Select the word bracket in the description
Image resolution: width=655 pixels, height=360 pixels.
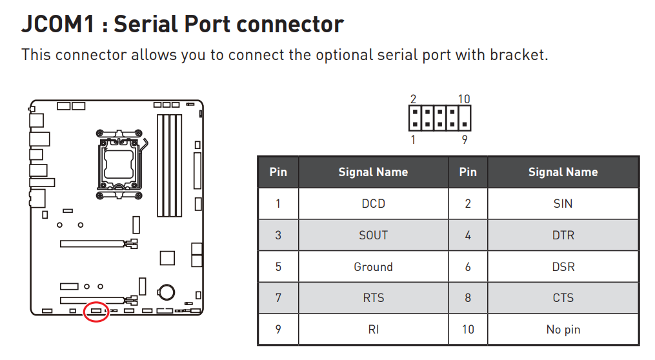tap(518, 55)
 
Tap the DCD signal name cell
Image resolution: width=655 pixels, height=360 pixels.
tap(374, 203)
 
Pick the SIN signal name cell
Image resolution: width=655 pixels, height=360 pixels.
tap(563, 203)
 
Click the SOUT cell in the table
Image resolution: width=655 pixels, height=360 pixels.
tap(374, 235)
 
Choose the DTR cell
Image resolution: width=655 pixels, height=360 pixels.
tap(563, 235)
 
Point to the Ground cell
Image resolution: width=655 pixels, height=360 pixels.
tap(374, 266)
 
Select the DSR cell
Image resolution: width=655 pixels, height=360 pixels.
tap(563, 266)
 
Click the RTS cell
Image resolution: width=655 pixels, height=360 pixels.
tap(374, 298)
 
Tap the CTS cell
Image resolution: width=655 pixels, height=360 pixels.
tap(563, 298)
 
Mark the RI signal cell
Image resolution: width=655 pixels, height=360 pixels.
tap(374, 330)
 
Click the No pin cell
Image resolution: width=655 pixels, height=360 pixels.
tap(563, 330)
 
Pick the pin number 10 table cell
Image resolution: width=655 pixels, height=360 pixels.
tap(468, 330)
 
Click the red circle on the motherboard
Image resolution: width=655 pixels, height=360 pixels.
tap(97, 311)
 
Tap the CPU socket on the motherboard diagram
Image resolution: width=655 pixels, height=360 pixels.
tap(119, 164)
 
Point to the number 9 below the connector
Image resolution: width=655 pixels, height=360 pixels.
tap(465, 139)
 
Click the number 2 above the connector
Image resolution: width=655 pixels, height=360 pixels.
tap(413, 99)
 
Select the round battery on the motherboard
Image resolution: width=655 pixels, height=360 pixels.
tap(166, 292)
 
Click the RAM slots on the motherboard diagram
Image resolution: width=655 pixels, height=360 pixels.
tap(169, 165)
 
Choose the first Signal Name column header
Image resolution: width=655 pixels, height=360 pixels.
tap(374, 172)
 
